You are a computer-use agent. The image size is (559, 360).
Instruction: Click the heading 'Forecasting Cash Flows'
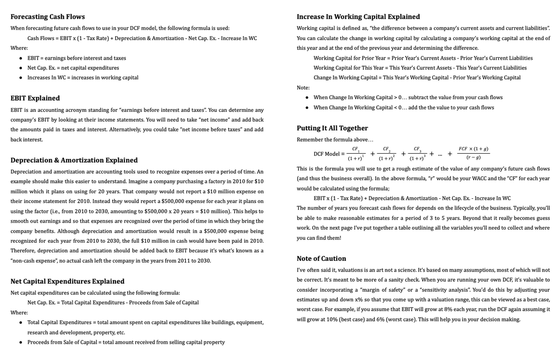tap(48, 17)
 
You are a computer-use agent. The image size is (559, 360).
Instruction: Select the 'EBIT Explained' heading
tap(35, 98)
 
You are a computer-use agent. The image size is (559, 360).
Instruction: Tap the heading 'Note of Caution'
tap(321, 258)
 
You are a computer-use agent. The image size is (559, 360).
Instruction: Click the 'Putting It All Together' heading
tap(332, 128)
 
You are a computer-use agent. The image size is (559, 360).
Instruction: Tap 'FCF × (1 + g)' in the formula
tap(473, 149)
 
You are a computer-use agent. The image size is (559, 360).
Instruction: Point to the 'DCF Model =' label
tap(329, 153)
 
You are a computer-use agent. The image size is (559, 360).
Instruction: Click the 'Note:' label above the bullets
tap(303, 88)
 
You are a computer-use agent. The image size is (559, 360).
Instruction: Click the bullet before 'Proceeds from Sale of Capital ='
tap(22, 342)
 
